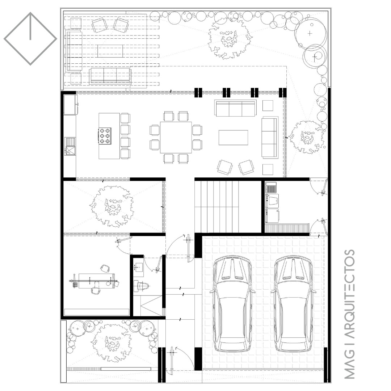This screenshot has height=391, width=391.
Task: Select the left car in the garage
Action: pos(232,304)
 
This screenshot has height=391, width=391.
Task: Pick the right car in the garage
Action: pos(293,304)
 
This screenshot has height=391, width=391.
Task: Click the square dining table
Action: pos(176,138)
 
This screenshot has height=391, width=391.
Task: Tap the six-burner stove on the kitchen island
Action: pos(105,136)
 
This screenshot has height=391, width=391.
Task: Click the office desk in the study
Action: pos(96,281)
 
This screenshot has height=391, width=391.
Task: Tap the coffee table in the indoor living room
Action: pos(234,138)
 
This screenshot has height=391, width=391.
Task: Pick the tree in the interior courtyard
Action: pos(112,206)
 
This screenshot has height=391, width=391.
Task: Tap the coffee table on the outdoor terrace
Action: pos(110,51)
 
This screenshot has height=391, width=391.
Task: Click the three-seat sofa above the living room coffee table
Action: pos(235,108)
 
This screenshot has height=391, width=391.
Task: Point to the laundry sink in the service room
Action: pos(271,187)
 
